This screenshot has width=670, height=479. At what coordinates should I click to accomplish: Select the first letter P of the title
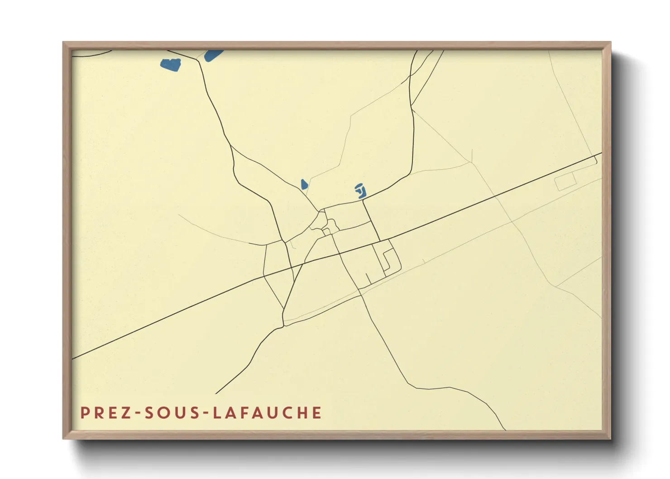[84, 413]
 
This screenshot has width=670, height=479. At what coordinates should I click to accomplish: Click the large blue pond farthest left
[171, 64]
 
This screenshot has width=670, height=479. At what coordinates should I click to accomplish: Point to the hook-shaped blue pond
[361, 191]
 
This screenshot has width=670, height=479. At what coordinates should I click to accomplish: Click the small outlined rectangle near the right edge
[565, 181]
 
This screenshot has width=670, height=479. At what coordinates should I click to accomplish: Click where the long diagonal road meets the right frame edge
[601, 154]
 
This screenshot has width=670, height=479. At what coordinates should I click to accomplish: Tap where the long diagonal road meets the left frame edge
[73, 359]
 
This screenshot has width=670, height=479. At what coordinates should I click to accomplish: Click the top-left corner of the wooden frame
[64, 43]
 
